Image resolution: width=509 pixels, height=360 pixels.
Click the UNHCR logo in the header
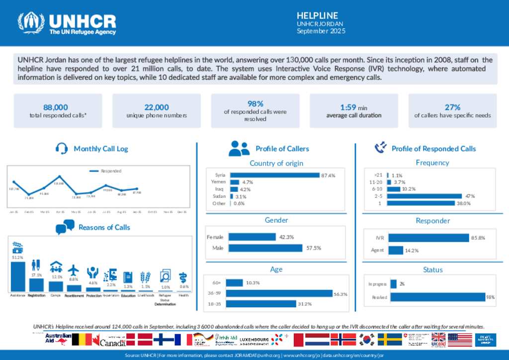[x=67, y=23]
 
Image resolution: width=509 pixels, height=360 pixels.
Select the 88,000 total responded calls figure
[x=56, y=107]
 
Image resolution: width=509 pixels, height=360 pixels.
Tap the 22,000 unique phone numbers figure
[x=157, y=107]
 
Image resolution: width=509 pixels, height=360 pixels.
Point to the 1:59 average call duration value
[x=353, y=107]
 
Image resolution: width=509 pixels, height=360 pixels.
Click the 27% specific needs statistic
[x=452, y=107]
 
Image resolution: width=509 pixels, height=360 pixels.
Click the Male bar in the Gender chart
[x=265, y=248]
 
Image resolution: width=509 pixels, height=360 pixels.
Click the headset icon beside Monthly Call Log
[x=62, y=148]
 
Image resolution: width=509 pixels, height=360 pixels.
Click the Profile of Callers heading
[x=282, y=149]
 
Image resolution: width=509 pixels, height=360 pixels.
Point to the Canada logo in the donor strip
[x=112, y=342]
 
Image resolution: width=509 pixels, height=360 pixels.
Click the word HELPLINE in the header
[x=317, y=15]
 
